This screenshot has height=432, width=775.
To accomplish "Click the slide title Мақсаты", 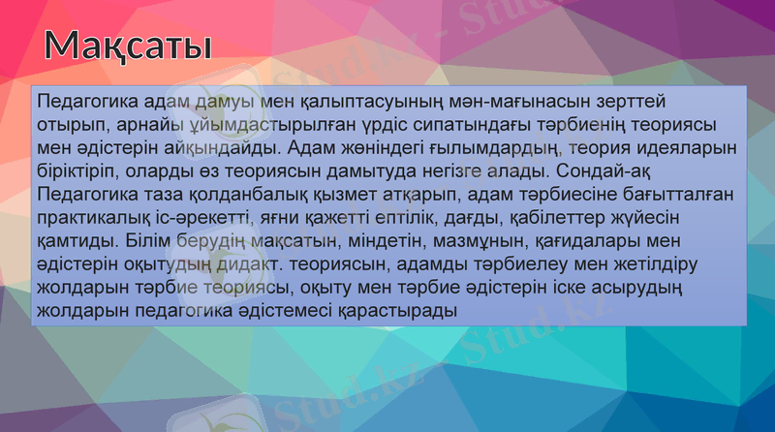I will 129,45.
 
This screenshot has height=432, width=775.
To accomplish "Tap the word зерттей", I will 635,101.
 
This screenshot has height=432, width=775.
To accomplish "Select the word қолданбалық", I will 244,195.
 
